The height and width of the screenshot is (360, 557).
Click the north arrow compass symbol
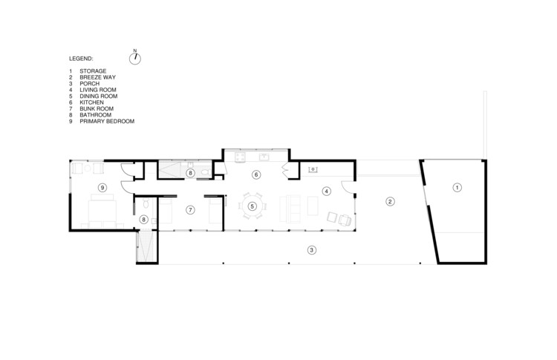click(134, 57)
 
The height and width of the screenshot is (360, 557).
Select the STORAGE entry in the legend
click(92, 72)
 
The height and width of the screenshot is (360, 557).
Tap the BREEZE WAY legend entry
click(97, 78)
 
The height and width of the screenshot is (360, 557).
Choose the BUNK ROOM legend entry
click(96, 108)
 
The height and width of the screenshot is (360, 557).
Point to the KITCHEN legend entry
click(91, 102)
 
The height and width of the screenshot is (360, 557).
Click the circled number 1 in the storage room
click(457, 187)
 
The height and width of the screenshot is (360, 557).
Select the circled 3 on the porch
click(312, 249)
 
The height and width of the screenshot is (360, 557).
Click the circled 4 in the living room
click(325, 191)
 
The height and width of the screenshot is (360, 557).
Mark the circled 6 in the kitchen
click(256, 175)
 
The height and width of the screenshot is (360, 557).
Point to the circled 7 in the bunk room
click(190, 210)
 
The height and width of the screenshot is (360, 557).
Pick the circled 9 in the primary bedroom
click(103, 187)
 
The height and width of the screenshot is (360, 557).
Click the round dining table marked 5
click(253, 206)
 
